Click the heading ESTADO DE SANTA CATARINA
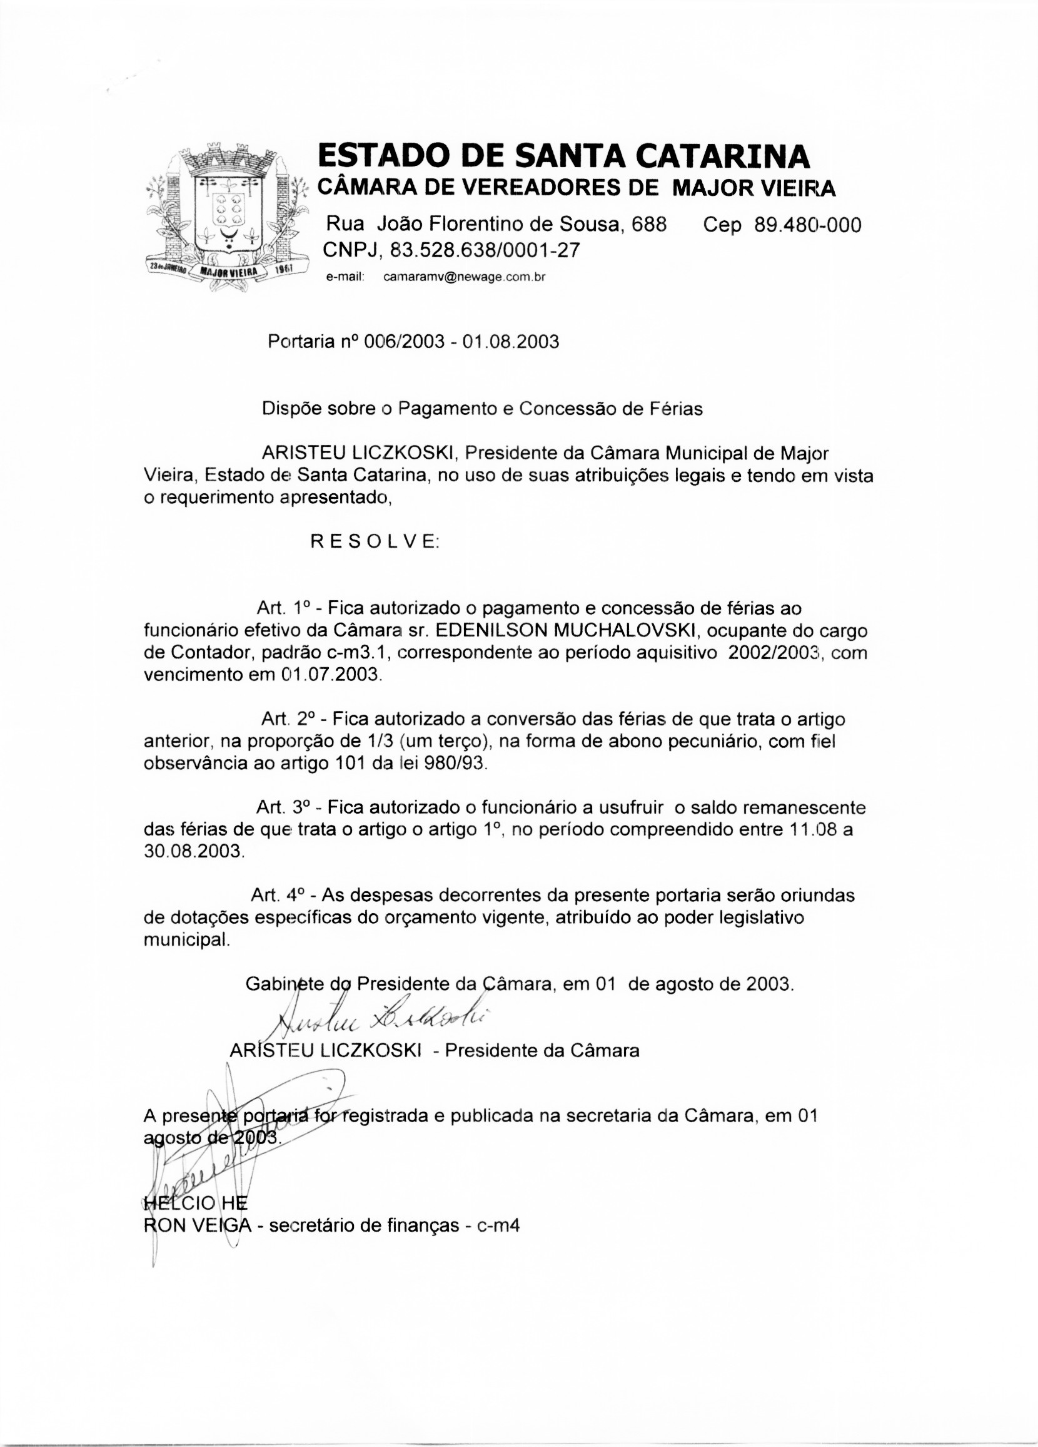563,156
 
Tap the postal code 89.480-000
807,225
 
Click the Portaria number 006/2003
403,342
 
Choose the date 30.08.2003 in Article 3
193,851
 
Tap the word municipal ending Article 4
186,939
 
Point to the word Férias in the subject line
676,408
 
